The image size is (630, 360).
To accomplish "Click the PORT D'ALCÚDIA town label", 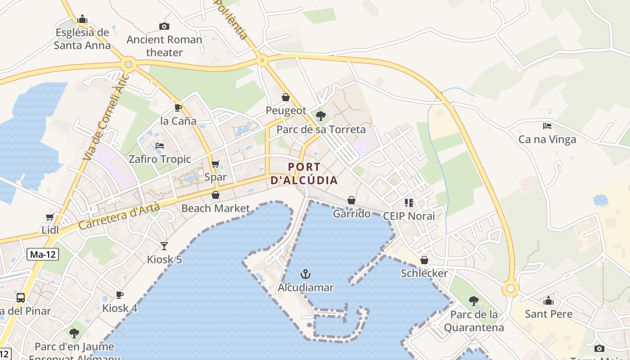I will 304,174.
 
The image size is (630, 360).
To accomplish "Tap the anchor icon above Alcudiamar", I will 306,274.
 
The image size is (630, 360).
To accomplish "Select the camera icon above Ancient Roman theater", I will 164,27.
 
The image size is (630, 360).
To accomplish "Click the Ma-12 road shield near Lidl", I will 43,254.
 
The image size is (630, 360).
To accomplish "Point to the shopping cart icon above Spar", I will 216,164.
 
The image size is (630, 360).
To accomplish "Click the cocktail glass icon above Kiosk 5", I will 164,246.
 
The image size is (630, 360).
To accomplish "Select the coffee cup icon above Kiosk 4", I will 120,295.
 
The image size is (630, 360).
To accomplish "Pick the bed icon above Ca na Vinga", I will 547,126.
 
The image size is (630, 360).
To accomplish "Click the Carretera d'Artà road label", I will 119,216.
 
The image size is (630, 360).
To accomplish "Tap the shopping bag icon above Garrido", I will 351,200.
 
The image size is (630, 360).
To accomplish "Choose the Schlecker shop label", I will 424,273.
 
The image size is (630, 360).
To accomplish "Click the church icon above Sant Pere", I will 549,301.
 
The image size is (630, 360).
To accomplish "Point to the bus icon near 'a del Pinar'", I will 21,297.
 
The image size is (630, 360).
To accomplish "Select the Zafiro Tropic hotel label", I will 160,159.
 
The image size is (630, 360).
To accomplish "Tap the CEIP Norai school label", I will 409,216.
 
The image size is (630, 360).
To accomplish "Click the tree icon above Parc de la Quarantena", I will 473,301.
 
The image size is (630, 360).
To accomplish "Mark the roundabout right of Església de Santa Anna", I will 129,64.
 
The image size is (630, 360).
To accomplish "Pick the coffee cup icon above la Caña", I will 178,108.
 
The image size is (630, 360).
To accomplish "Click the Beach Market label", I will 216,208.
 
